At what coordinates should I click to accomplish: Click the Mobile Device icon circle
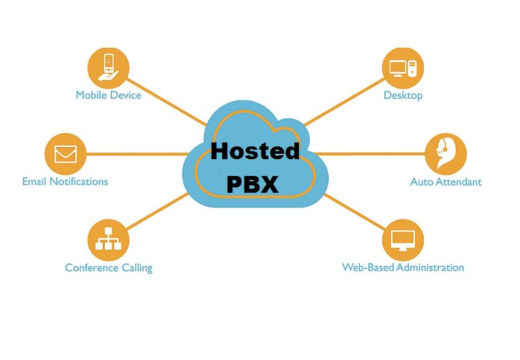[x=108, y=69]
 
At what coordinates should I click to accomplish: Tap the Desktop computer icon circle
[x=403, y=69]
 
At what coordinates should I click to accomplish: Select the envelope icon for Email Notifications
[x=65, y=154]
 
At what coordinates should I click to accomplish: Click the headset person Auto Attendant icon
[x=445, y=154]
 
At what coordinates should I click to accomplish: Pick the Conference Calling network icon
[x=108, y=240]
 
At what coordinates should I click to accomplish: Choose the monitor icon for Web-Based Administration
[x=403, y=240]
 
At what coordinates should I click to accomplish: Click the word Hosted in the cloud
[x=255, y=151]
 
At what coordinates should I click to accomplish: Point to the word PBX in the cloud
[x=253, y=184]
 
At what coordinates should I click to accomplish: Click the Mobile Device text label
[x=108, y=95]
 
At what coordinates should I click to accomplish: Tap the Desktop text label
[x=403, y=95]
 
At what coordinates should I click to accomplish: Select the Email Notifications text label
[x=65, y=181]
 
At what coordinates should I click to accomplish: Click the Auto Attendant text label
[x=445, y=181]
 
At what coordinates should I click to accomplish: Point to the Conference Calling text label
[x=109, y=268]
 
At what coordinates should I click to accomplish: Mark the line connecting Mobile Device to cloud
[x=167, y=102]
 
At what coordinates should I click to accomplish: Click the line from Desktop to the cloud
[x=344, y=102]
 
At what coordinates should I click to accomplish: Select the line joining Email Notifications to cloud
[x=138, y=154]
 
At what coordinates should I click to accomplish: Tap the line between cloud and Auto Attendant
[x=369, y=154]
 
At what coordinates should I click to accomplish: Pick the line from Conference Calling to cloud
[x=157, y=212]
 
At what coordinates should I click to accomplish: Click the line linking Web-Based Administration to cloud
[x=355, y=212]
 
